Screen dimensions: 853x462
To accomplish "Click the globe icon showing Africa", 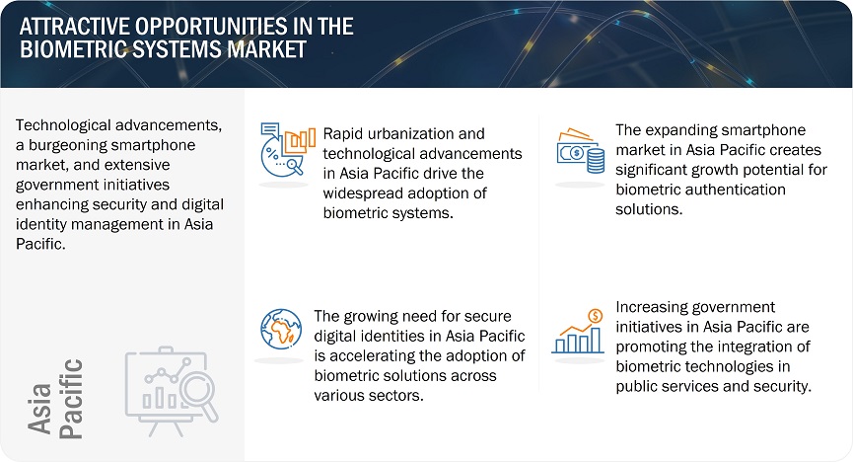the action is tap(281, 329).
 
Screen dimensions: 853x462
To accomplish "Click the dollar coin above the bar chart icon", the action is tap(596, 316).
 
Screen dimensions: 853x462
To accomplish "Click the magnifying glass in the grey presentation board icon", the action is tap(199, 397).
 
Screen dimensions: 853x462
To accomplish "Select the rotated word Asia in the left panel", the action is tap(39, 408).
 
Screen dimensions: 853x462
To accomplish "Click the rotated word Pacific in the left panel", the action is tap(71, 399).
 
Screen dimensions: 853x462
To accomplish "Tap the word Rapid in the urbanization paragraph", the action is tap(344, 134).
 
